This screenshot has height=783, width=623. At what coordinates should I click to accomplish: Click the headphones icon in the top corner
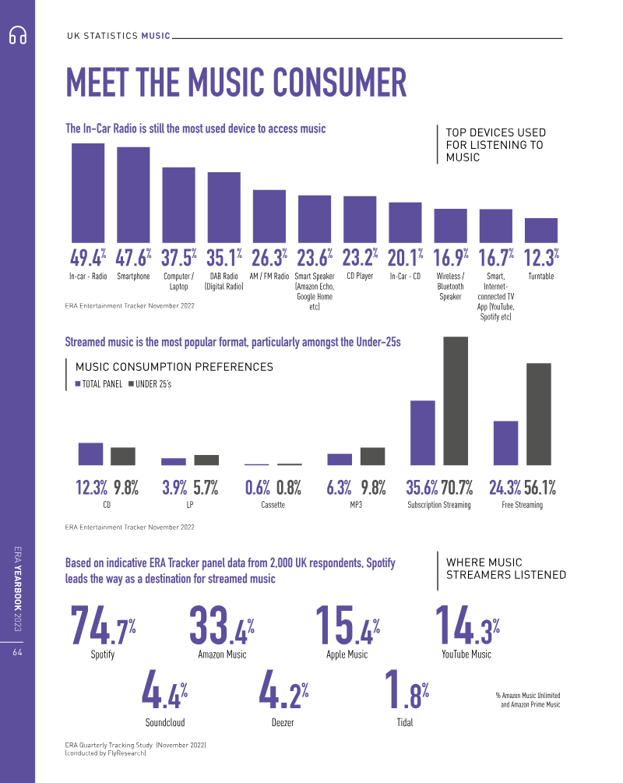coord(18,36)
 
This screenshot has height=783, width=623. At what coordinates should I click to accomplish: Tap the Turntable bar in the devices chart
coord(541,230)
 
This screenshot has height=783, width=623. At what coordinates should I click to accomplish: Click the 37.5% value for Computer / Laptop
coord(178,257)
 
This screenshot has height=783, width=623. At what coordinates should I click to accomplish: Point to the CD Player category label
coord(360,276)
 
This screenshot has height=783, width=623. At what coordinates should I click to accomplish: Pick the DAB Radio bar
coord(224,207)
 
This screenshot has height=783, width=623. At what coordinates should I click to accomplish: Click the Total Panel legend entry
coord(99,383)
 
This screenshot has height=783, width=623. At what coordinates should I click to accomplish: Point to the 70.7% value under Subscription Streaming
coord(457,488)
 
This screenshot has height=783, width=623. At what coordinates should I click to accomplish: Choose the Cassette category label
coord(273,505)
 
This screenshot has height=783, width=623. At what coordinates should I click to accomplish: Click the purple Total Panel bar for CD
coord(90,454)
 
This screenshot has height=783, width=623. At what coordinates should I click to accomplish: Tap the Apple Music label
coord(347,654)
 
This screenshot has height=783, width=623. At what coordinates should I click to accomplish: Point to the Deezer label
coord(283,722)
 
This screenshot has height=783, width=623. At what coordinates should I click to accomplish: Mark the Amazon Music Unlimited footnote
coord(527,700)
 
